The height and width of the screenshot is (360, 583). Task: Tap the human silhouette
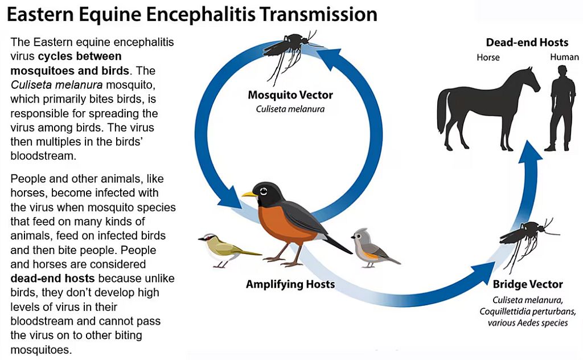point(563,108)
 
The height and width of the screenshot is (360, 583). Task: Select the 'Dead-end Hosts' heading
point(527,42)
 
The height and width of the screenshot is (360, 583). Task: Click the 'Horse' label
point(488,58)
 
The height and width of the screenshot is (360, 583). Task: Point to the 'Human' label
point(564,57)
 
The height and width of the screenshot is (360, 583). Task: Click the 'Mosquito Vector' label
point(290,95)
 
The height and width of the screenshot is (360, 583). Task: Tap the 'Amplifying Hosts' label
point(290,284)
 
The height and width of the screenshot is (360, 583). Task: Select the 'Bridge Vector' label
point(528,284)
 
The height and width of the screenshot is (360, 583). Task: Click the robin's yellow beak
point(249,194)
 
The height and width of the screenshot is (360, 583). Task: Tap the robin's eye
point(264,191)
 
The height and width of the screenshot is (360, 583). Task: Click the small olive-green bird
point(227,249)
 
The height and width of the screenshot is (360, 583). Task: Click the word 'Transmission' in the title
point(318,14)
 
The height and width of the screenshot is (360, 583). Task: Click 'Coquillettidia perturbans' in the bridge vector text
point(528,311)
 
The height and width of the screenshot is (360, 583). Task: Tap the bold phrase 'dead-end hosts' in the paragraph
point(52,278)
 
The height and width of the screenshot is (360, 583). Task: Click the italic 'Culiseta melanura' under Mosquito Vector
point(290,109)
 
